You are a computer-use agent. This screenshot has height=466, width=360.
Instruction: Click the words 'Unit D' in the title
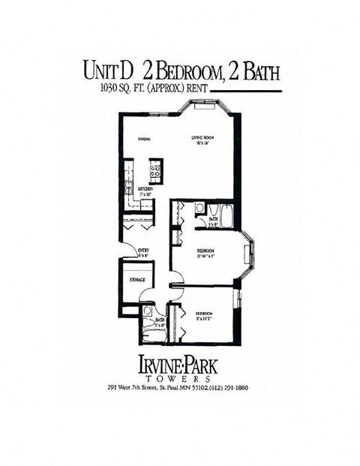(x=109, y=71)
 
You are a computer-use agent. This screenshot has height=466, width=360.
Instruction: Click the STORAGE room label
(x=136, y=280)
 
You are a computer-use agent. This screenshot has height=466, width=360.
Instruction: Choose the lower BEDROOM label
(x=205, y=313)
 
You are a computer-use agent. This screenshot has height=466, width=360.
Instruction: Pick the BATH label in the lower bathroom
(x=160, y=321)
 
